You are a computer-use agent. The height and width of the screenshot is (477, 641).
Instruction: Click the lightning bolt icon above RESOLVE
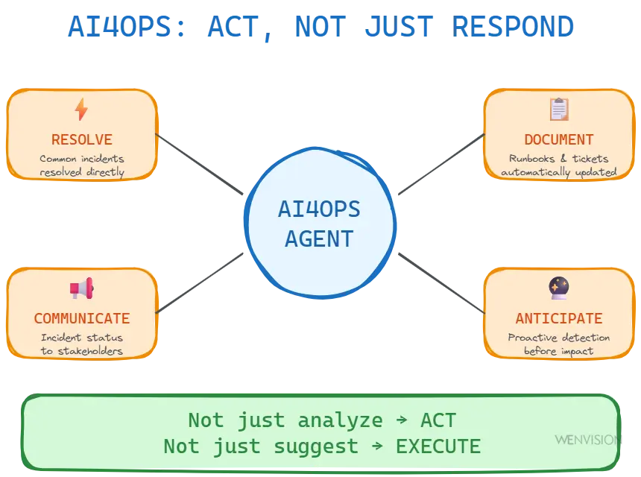tap(81, 110)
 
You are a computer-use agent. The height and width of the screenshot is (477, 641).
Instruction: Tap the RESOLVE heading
tap(82, 139)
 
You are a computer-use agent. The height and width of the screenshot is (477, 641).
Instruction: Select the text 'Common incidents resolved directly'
tap(82, 165)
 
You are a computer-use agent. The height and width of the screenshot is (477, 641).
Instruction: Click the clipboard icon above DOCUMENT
tap(559, 110)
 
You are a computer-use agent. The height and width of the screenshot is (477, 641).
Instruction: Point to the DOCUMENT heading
tap(559, 139)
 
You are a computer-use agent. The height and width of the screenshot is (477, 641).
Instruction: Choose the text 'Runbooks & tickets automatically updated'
tap(559, 165)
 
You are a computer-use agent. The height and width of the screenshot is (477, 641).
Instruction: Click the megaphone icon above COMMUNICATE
tap(81, 288)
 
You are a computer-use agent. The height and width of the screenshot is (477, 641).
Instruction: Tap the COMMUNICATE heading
tap(82, 318)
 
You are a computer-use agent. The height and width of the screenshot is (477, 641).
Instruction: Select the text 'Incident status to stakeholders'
tap(82, 344)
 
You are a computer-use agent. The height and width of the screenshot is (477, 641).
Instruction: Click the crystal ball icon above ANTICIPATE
tap(559, 288)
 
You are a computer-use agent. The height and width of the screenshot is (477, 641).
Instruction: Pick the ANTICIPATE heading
tap(559, 318)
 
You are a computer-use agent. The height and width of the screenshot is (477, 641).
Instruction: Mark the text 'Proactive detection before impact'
tap(559, 344)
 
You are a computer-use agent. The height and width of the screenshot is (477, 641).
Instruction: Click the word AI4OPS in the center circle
tap(319, 209)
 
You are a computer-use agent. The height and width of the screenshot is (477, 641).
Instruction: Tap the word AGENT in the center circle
tap(319, 238)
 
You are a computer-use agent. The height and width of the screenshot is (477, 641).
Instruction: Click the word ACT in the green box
tap(438, 420)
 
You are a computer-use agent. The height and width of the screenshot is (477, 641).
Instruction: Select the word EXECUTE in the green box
tap(438, 446)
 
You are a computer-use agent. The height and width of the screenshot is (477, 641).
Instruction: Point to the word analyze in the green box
tap(340, 421)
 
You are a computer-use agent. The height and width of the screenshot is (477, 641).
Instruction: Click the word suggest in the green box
tap(316, 447)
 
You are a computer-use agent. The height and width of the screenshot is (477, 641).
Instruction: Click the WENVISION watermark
tap(587, 440)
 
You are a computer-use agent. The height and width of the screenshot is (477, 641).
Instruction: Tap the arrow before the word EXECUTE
tap(378, 446)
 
